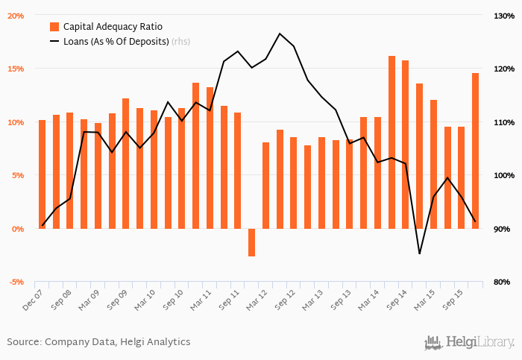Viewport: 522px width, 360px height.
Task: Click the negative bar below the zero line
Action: tap(251, 242)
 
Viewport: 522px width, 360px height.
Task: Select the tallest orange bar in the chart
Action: tap(391, 142)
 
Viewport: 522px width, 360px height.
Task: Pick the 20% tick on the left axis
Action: tap(16, 15)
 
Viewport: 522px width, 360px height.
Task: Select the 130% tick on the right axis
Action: tap(500, 15)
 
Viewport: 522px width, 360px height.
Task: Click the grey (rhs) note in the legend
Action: tap(180, 41)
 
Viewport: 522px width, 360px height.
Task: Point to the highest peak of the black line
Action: tap(280, 34)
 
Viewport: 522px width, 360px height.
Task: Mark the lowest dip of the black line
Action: tap(420, 254)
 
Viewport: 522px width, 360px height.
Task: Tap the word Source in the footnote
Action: tap(23, 342)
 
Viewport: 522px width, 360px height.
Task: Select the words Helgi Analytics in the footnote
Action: tap(159, 342)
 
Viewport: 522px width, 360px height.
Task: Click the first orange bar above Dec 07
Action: tap(42, 174)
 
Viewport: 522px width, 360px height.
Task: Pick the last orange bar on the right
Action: tap(475, 151)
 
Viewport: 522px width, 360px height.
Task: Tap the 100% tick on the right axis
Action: tap(500, 175)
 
